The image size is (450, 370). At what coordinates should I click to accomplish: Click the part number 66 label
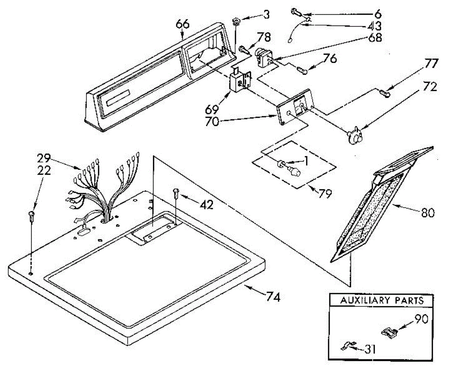click(x=183, y=25)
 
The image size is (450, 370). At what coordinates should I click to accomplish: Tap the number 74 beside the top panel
click(x=273, y=297)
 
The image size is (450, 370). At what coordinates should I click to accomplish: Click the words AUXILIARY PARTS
click(x=382, y=300)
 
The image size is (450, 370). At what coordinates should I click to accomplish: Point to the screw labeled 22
click(x=31, y=216)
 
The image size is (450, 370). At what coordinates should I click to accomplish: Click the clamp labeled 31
click(x=347, y=346)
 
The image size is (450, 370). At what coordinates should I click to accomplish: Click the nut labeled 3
click(x=236, y=20)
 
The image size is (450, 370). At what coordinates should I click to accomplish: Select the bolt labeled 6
click(x=296, y=12)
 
